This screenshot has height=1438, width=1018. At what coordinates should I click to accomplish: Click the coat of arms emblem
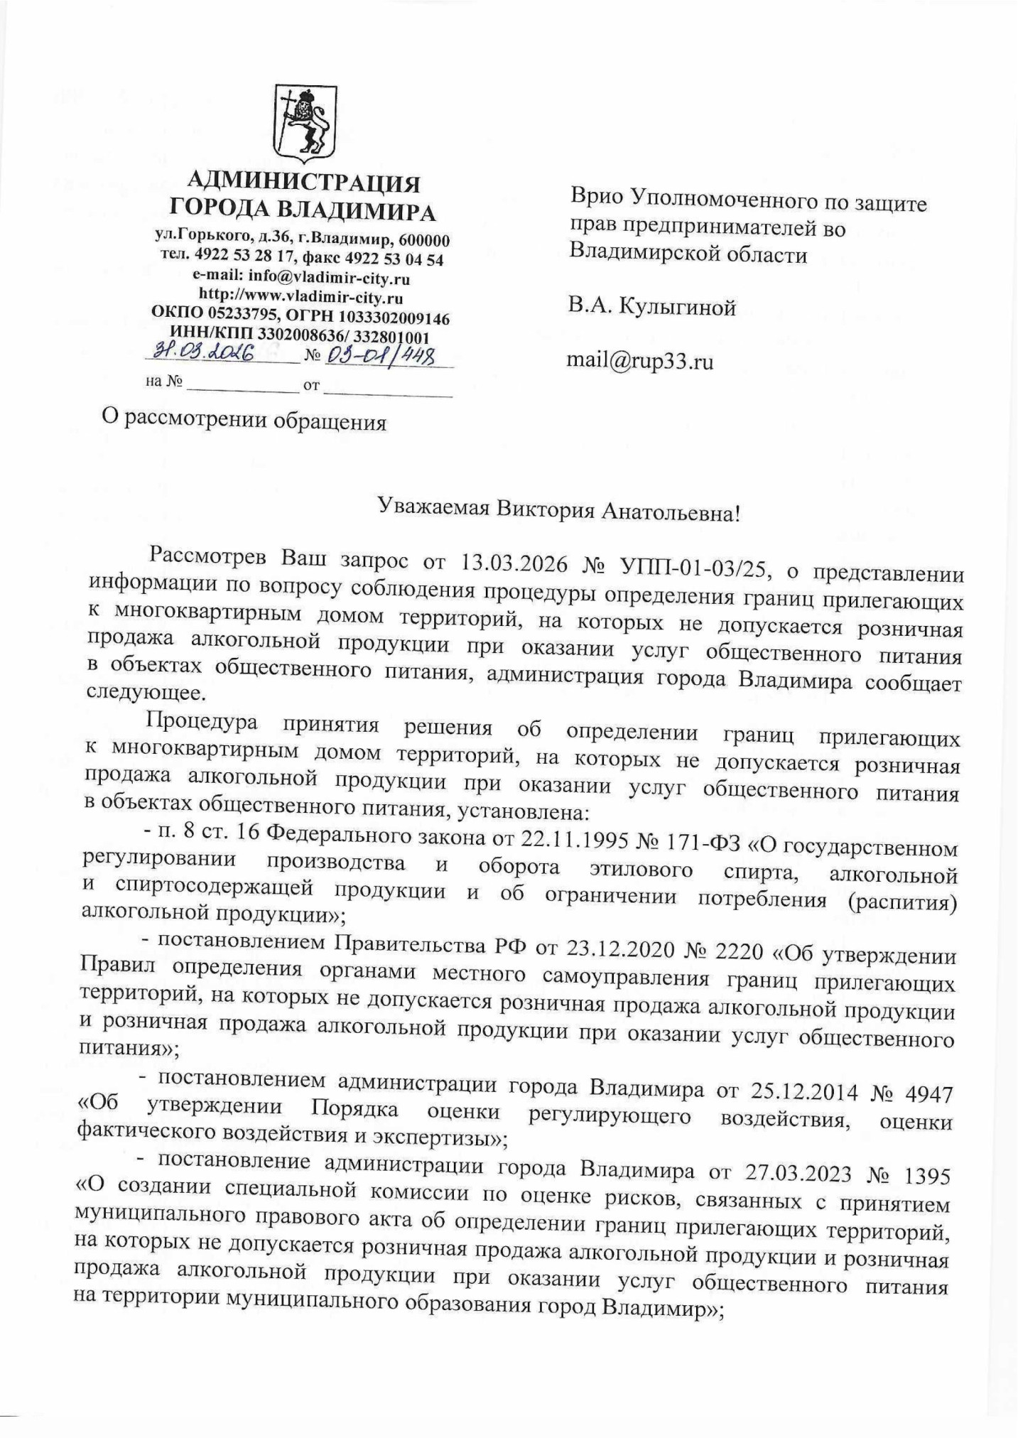305,120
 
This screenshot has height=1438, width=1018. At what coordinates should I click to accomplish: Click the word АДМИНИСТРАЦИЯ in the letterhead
307,183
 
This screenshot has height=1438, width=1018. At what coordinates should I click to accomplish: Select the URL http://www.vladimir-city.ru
300,297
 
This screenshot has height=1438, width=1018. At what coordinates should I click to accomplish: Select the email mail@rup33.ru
639,362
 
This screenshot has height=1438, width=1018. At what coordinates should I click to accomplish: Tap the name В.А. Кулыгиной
651,307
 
